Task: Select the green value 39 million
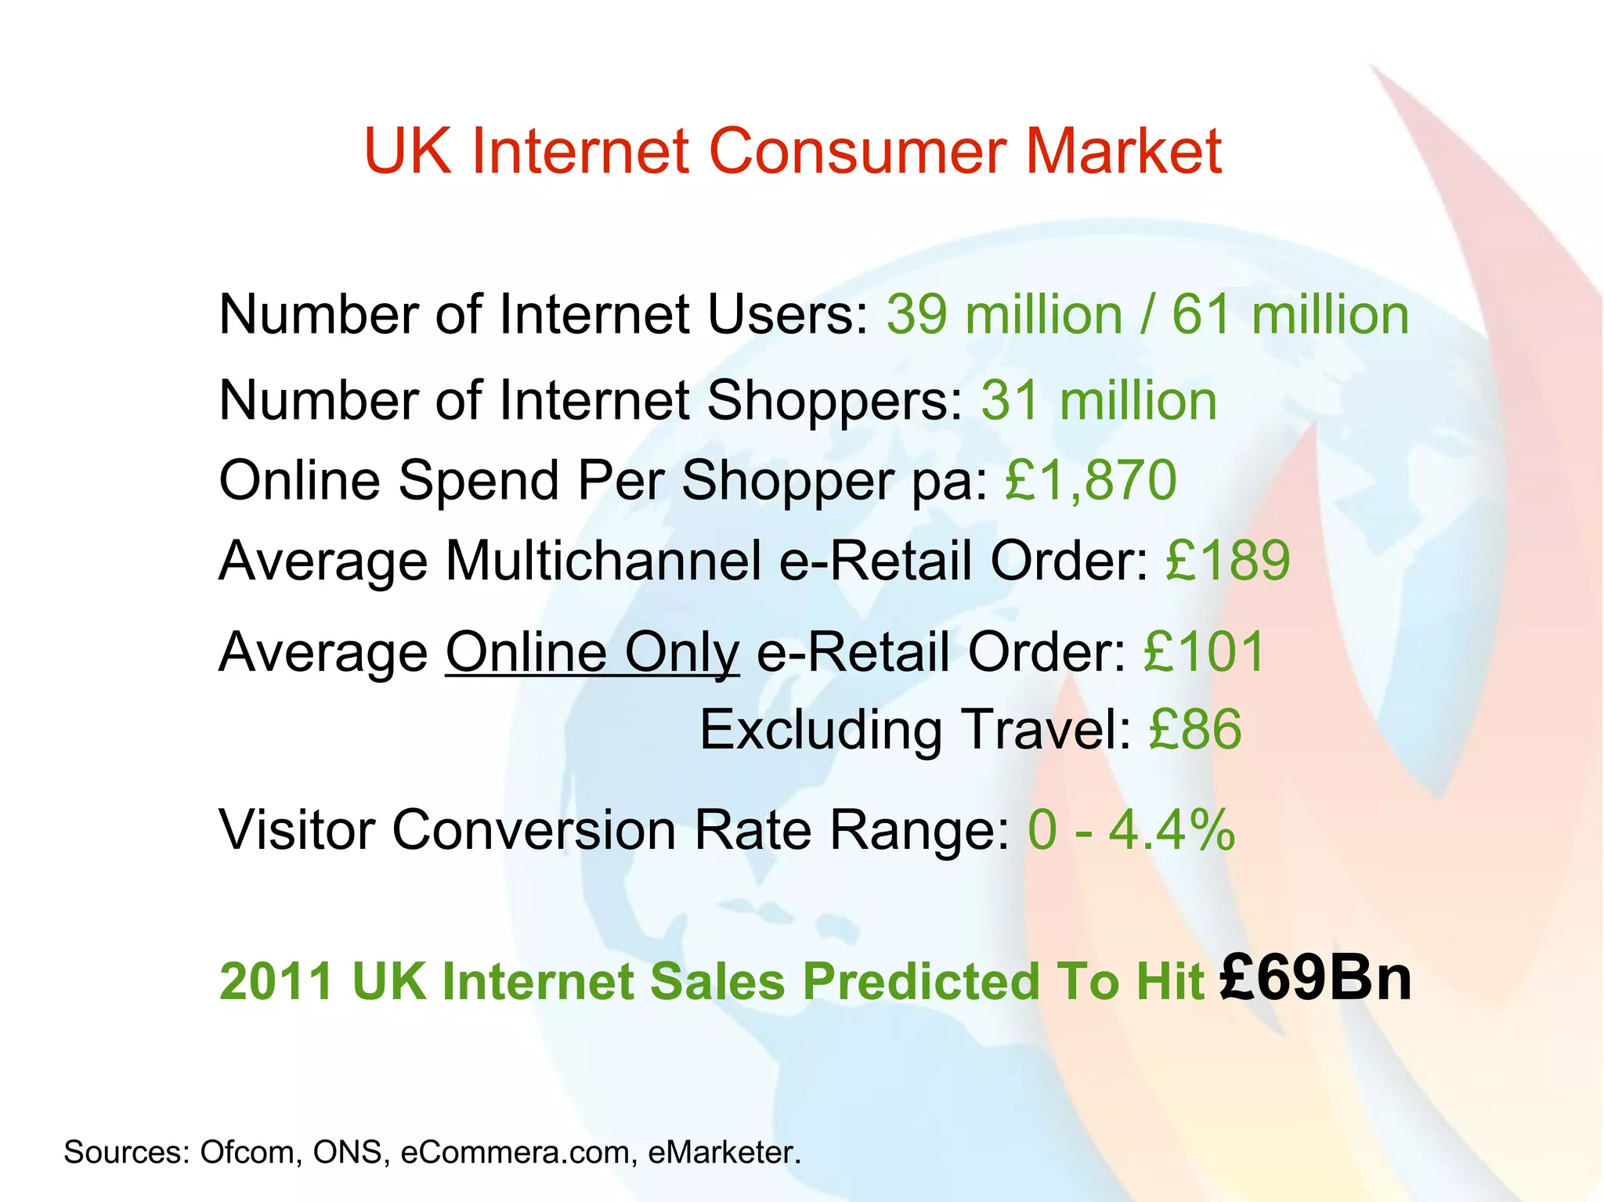click(1005, 315)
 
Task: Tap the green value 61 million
click(1290, 315)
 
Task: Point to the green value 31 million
click(1099, 401)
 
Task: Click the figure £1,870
click(1091, 480)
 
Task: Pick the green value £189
click(1227, 561)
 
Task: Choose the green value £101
click(1205, 652)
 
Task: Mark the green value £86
click(1195, 729)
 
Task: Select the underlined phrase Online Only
click(592, 652)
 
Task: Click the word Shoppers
click(834, 401)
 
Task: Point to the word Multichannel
click(603, 561)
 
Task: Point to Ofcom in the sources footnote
click(251, 1152)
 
